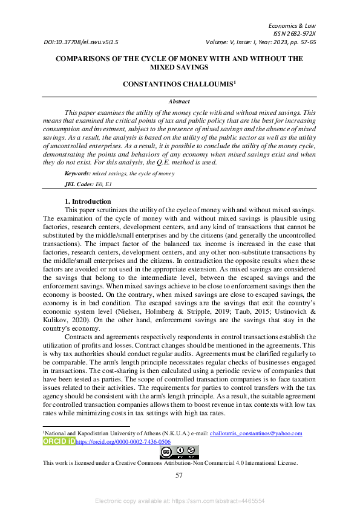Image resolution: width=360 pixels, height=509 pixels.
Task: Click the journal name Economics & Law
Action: (292, 26)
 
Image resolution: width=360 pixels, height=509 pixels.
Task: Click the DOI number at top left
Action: (81, 43)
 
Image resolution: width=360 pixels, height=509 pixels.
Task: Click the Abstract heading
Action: (179, 102)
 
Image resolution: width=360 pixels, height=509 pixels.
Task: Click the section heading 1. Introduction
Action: (88, 201)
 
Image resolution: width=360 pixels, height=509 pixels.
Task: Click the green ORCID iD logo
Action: (58, 442)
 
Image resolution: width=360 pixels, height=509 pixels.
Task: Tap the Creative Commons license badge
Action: (179, 452)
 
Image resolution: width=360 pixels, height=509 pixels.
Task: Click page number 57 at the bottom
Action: (179, 476)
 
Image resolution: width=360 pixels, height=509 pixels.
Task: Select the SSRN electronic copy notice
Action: (179, 501)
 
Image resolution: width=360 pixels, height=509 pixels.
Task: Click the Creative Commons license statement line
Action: (170, 463)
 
